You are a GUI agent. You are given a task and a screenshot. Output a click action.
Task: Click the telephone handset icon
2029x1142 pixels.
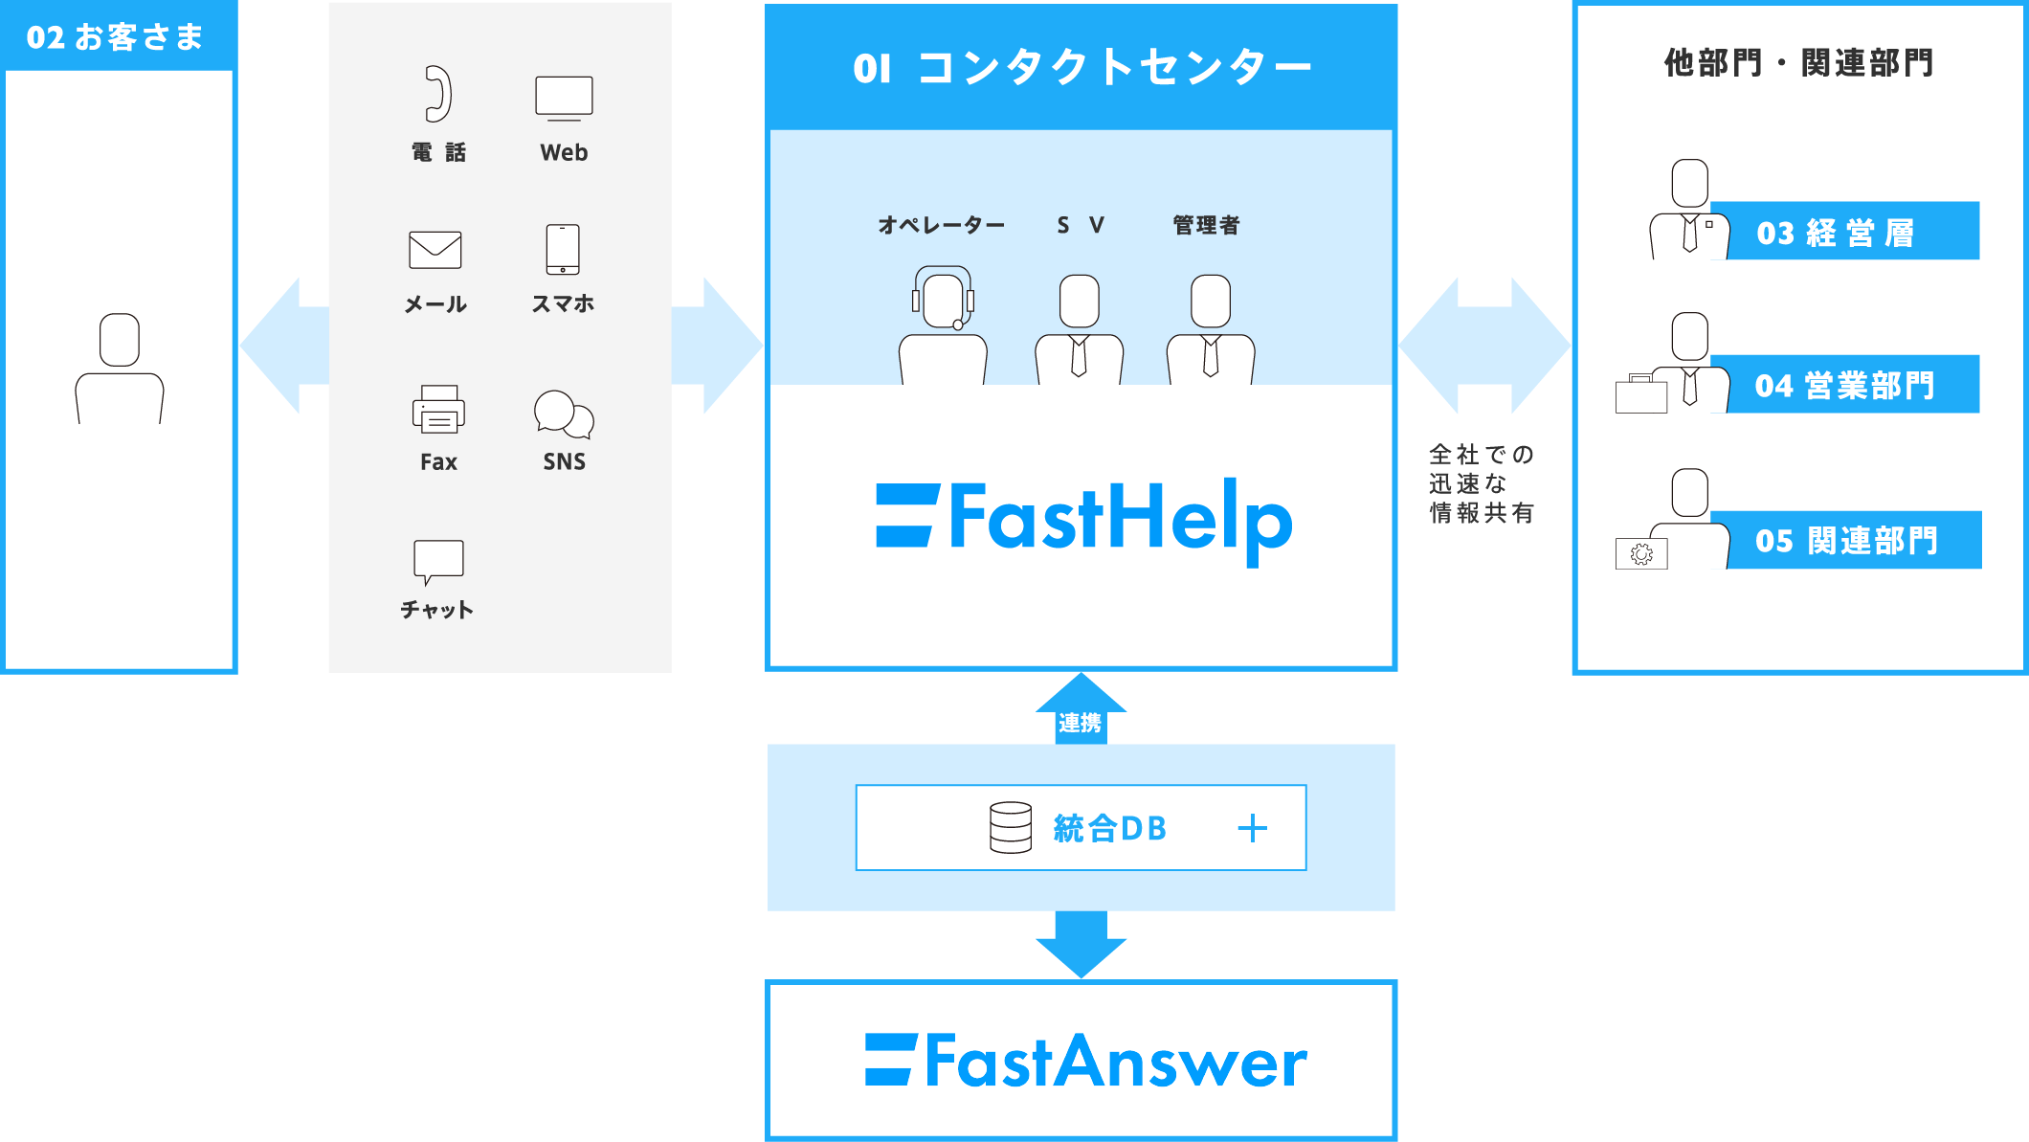point(438,94)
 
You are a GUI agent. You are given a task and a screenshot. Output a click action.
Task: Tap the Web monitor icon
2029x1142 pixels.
point(564,98)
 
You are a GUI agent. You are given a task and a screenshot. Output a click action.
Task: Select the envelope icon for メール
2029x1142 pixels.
point(435,250)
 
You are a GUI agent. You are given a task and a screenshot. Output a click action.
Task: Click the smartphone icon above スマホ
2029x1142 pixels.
point(563,249)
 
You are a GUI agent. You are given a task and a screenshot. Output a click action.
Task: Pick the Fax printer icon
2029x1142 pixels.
point(438,409)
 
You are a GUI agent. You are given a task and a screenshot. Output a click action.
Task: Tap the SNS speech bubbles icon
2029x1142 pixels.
point(564,414)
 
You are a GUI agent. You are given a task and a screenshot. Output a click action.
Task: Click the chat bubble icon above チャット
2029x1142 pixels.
point(438,561)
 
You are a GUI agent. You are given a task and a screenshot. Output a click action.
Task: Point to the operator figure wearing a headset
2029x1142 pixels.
point(943,325)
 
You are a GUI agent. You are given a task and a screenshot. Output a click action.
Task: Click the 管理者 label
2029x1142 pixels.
point(1206,225)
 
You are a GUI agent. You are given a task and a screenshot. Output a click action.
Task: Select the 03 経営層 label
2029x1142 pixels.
point(1836,233)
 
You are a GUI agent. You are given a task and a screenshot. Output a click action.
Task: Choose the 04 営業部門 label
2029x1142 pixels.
point(1845,386)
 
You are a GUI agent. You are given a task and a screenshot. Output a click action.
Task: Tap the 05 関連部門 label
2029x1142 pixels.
point(1846,541)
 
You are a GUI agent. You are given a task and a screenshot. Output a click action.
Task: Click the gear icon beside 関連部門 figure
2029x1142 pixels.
point(1641,554)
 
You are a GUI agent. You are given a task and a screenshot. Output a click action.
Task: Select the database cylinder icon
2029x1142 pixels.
point(1011,827)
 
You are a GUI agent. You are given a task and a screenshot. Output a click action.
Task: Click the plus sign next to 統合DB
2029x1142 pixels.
point(1252,828)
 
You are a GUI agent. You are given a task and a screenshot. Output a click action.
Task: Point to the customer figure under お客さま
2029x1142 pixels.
point(120,369)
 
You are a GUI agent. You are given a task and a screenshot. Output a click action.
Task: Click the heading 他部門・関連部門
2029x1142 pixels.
point(1799,63)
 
